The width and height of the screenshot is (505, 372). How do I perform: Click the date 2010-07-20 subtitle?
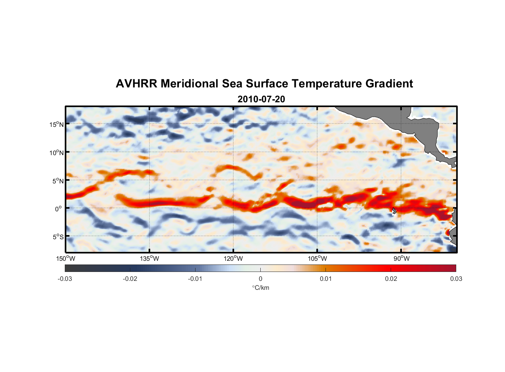261,99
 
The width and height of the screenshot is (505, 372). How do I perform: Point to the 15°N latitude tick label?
56,124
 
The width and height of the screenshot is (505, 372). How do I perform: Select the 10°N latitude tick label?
56,153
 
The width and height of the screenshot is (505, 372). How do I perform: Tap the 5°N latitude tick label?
57,181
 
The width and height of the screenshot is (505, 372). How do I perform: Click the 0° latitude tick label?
58,209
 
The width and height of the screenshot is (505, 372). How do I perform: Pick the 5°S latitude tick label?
57,237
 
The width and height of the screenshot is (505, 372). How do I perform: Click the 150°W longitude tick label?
66,259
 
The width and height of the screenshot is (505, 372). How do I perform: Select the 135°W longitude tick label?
150,259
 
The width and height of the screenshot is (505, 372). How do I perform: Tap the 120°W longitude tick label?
234,259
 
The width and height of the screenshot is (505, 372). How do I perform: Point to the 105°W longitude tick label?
317,259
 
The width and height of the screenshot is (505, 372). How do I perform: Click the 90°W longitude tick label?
401,259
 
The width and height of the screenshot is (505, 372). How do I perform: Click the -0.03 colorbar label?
65,279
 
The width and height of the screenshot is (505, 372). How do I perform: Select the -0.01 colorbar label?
195,279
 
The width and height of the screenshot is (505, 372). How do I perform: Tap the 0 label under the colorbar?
260,279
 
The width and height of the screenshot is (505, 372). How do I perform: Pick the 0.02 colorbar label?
391,279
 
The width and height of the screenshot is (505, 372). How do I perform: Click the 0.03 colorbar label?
456,279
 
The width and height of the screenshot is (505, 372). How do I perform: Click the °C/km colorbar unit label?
261,288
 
